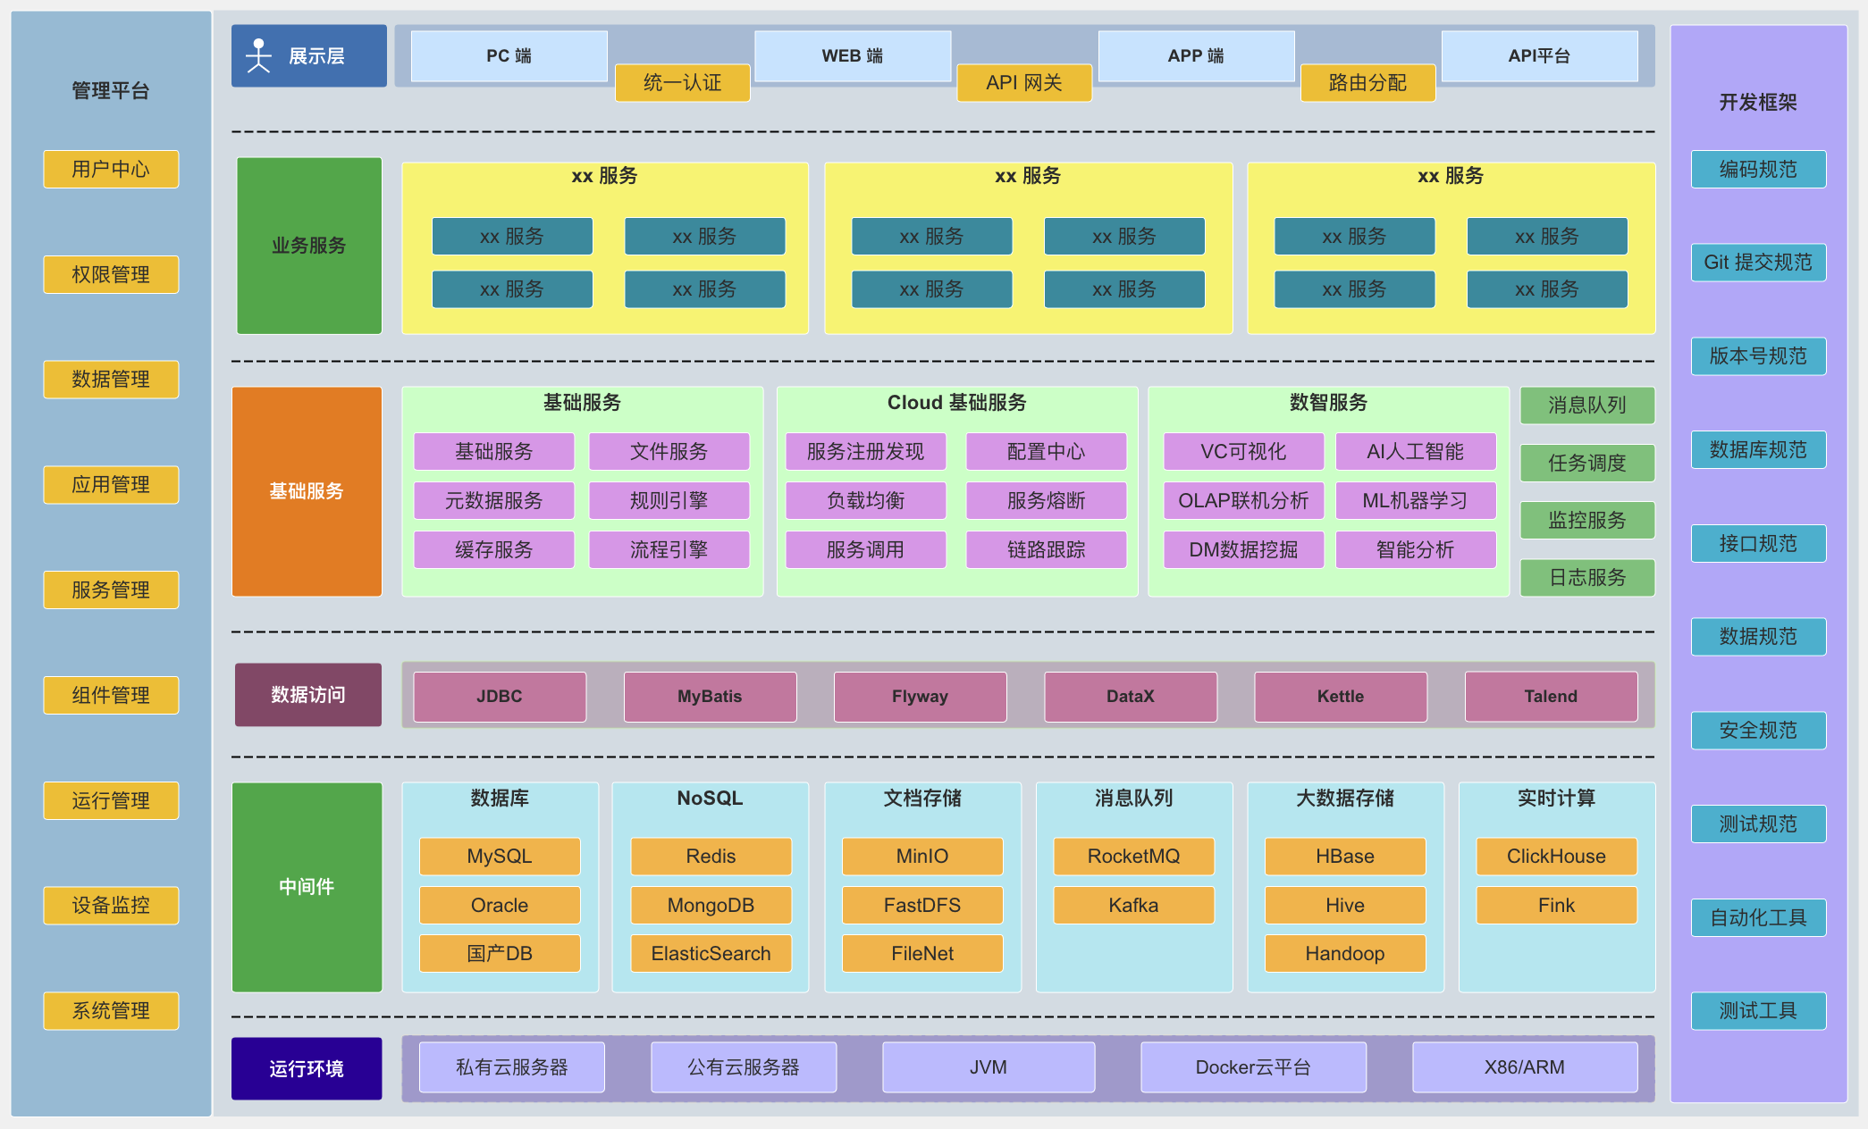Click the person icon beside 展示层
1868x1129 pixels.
(258, 55)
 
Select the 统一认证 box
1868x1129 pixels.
(682, 83)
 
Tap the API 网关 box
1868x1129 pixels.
(1024, 83)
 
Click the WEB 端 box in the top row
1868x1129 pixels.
(853, 55)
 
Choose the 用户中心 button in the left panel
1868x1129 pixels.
(111, 169)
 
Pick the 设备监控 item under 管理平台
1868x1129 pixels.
(111, 906)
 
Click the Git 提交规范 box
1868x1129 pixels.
(1758, 263)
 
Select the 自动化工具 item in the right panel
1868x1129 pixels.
(1758, 917)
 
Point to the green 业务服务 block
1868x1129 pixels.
(309, 246)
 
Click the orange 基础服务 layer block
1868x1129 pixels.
(307, 491)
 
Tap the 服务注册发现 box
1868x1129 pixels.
(865, 452)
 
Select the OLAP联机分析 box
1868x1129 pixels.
(1243, 501)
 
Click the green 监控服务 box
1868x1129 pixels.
(1587, 520)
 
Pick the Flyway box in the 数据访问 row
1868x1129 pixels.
(920, 697)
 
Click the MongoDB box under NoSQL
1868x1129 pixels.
(711, 906)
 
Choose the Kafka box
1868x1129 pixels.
(1133, 906)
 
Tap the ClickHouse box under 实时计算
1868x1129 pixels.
(1556, 857)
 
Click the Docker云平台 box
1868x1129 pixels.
(1253, 1067)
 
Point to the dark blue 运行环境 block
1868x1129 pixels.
(307, 1068)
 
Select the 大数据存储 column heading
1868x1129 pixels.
(1345, 799)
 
